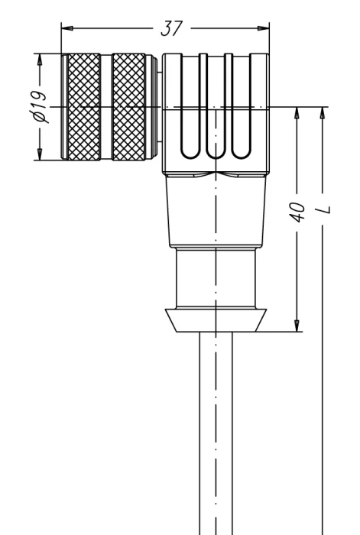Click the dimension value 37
coord(172,28)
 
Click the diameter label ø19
coord(40,106)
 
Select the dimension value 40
coord(297,212)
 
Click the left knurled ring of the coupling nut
coord(84,106)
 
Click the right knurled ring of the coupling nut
coord(128,106)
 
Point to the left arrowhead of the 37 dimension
coord(67,28)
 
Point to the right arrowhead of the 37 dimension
coord(264,28)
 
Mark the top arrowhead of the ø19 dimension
coord(40,60)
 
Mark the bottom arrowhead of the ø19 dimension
coord(40,154)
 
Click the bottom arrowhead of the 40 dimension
coord(297,326)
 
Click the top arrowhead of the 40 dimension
coord(297,113)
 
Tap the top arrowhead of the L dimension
coord(323,113)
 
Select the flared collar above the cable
coord(216,320)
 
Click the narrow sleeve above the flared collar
coord(216,277)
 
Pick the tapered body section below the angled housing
coord(216,211)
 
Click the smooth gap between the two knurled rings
coord(106,106)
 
